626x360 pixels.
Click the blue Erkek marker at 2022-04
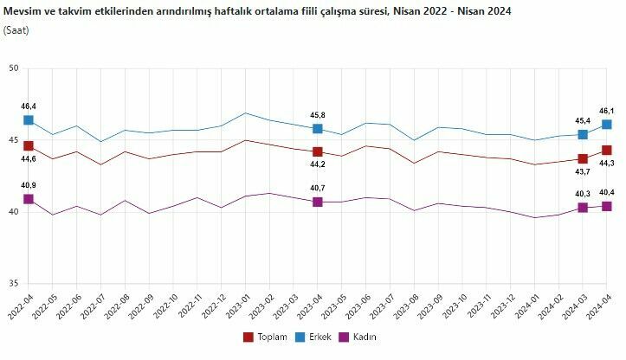29,120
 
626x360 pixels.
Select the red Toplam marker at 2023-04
318,152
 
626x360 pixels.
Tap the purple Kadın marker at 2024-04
607,206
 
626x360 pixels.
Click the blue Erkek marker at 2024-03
583,135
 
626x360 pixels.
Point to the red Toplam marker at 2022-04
29,146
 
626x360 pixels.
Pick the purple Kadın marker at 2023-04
318,202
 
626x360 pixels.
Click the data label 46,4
29,106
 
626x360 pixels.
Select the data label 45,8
318,115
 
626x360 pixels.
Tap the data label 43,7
582,172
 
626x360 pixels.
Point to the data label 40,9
29,185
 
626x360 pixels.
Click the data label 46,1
608,111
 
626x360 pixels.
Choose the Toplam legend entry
267,337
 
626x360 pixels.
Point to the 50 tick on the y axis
14,68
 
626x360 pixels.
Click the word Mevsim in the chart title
23,11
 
